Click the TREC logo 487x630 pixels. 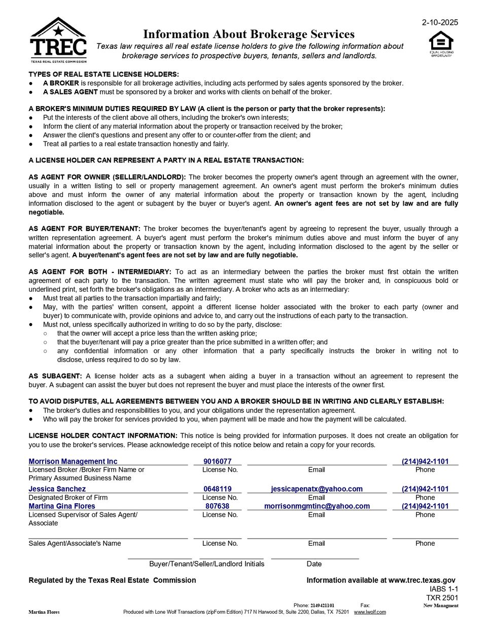coord(58,40)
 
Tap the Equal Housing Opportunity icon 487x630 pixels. coord(441,43)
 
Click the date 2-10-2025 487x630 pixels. coord(440,22)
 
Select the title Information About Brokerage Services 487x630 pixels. coord(249,34)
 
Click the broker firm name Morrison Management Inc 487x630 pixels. coord(73,461)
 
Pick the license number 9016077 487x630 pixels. coord(217,461)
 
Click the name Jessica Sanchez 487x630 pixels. coord(57,489)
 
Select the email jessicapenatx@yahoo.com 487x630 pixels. coord(317,489)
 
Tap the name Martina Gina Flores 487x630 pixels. coord(61,506)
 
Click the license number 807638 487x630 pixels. coord(217,506)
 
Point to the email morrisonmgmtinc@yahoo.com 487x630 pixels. coord(317,506)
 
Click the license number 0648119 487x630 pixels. coord(217,489)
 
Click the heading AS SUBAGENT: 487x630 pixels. coord(55,376)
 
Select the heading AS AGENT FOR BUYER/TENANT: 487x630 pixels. coord(84,229)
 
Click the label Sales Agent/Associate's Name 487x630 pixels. coord(75,543)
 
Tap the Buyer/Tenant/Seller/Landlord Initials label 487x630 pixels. coord(206,564)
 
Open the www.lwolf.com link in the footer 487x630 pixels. coord(369,612)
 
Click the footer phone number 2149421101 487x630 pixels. coord(322,605)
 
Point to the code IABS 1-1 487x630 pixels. coord(443,589)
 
